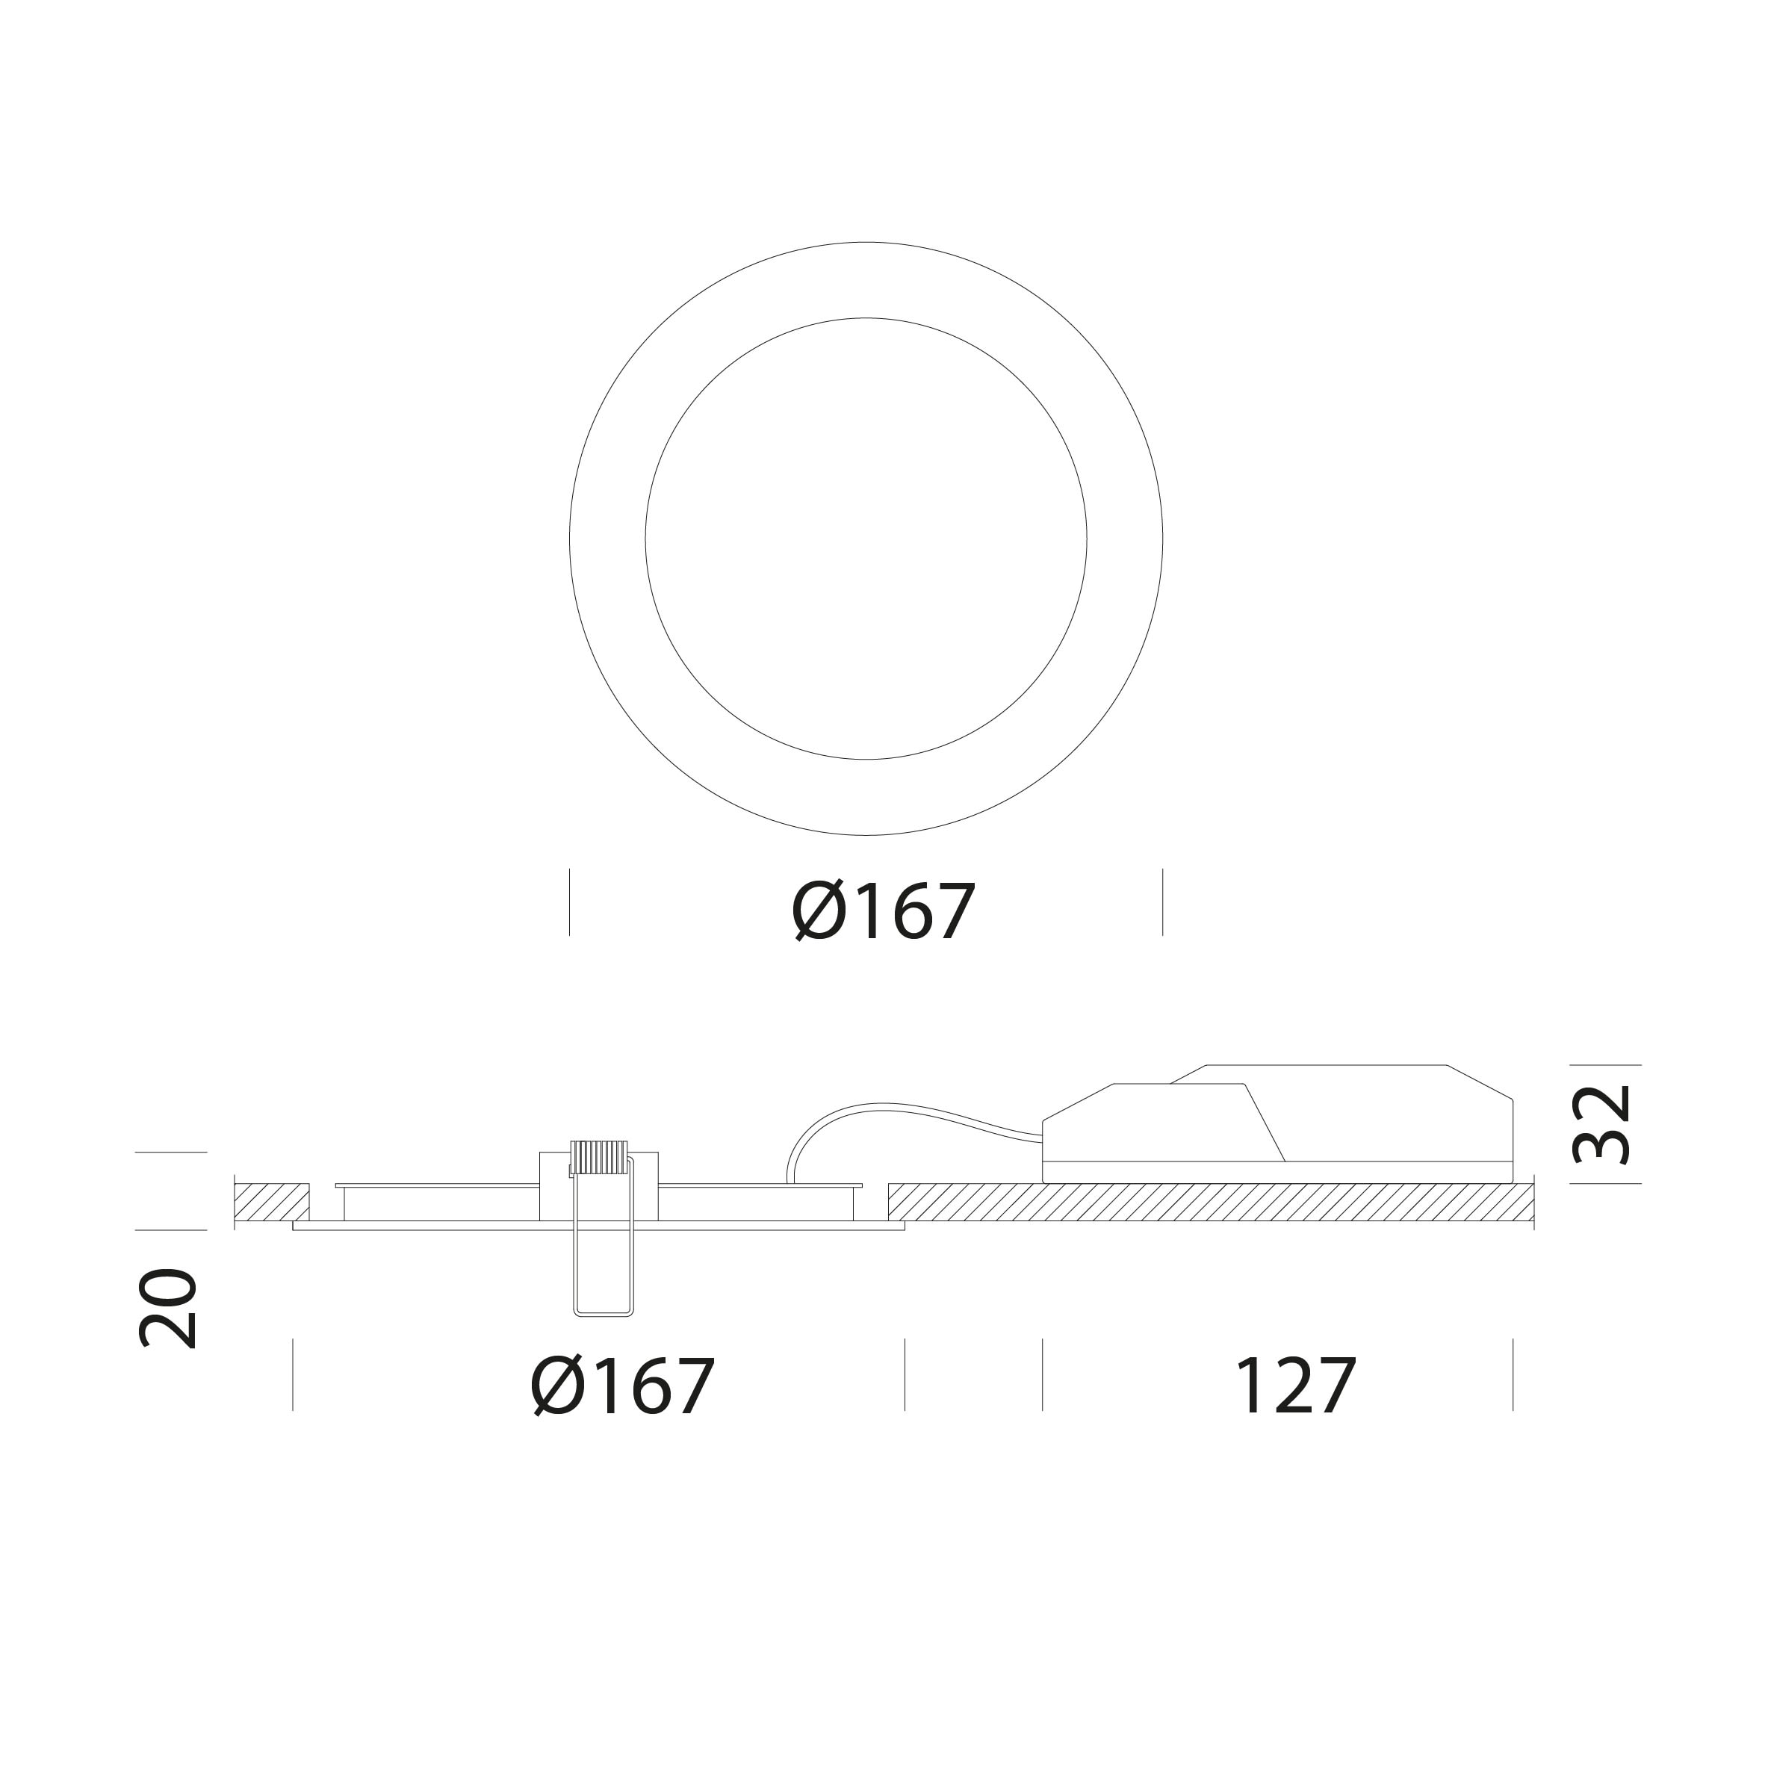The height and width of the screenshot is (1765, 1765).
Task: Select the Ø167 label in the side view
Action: [622, 1386]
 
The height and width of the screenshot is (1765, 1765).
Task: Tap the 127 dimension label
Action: [1295, 1386]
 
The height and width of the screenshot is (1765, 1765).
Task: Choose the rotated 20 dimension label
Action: [167, 1308]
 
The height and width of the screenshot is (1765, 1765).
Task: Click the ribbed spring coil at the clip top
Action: [599, 1158]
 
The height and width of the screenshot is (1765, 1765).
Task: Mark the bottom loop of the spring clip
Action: [603, 1313]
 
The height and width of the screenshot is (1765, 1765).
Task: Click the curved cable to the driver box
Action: [900, 1117]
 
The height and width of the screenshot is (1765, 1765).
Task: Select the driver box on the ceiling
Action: [1278, 1123]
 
